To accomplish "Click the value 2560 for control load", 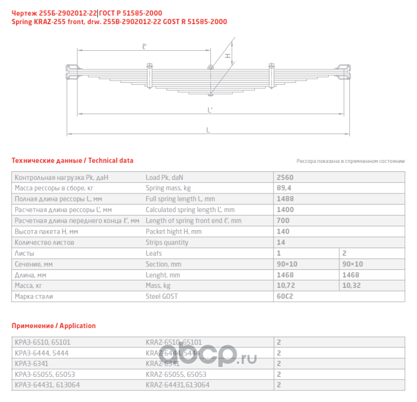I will tap(285, 177).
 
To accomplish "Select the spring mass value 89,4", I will tap(284, 188).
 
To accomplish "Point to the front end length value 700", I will tap(283, 221).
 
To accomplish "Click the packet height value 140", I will tap(283, 232).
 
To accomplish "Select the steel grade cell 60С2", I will tap(285, 296).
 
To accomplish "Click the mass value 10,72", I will tap(286, 285).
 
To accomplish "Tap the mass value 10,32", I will tap(352, 285).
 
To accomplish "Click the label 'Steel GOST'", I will tap(161, 296).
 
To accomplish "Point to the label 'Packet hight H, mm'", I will tap(173, 232).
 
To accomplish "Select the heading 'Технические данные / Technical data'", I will tap(72, 161).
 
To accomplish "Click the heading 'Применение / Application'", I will tap(53, 326).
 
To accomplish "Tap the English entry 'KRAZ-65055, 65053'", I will tap(176, 374).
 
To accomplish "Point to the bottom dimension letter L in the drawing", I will tap(208, 130).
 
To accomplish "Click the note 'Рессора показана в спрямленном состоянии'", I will tap(350, 161).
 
